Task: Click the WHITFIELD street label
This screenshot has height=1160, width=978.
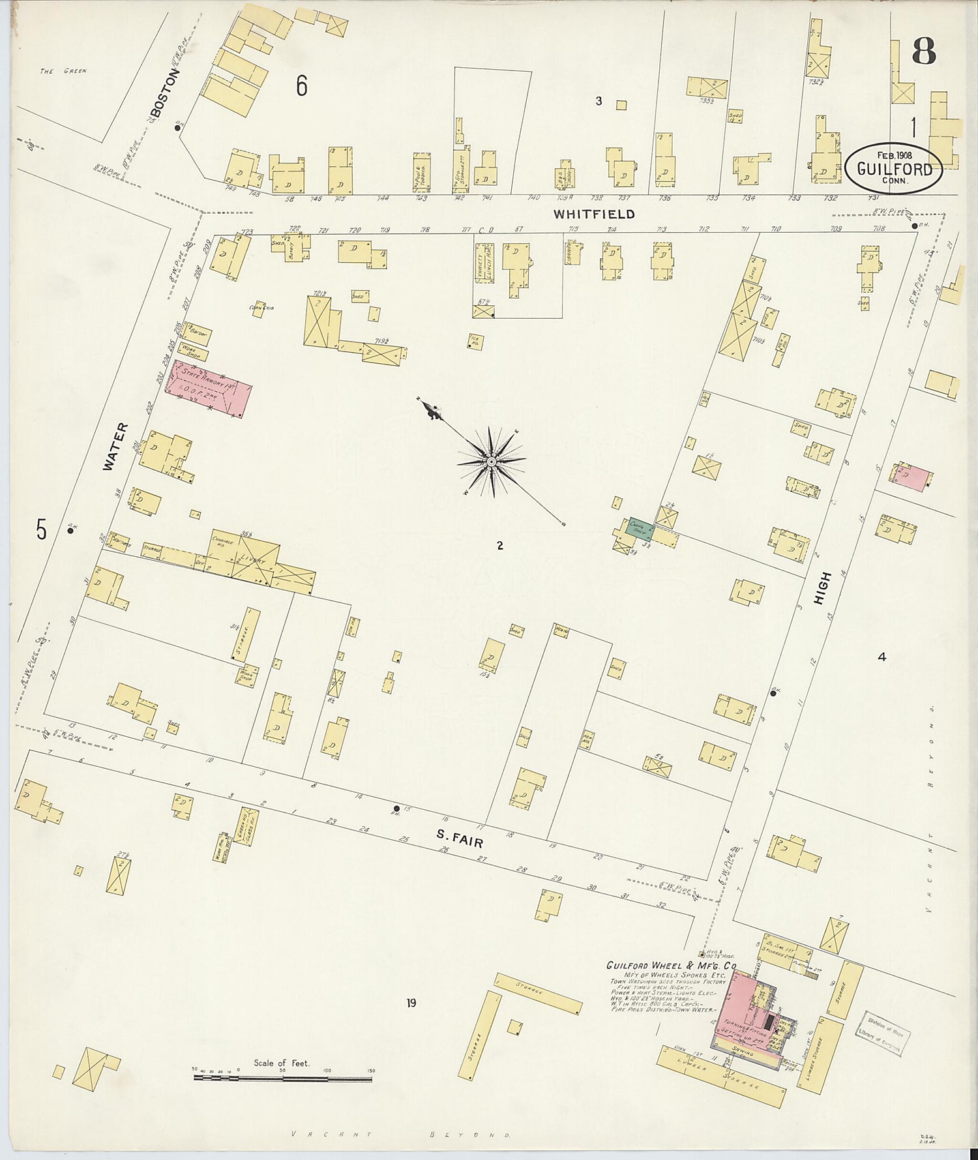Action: point(593,214)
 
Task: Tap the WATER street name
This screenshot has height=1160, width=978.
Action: point(115,447)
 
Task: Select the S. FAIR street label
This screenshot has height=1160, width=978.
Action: point(460,839)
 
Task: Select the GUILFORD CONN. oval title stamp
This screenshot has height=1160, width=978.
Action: point(893,168)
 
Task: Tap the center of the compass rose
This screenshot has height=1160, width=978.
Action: point(491,462)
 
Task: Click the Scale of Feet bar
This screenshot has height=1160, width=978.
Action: point(283,1078)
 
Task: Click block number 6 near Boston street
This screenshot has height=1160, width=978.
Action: point(301,85)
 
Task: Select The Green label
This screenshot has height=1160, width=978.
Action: point(63,71)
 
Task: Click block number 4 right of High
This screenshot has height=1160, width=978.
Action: point(882,657)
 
